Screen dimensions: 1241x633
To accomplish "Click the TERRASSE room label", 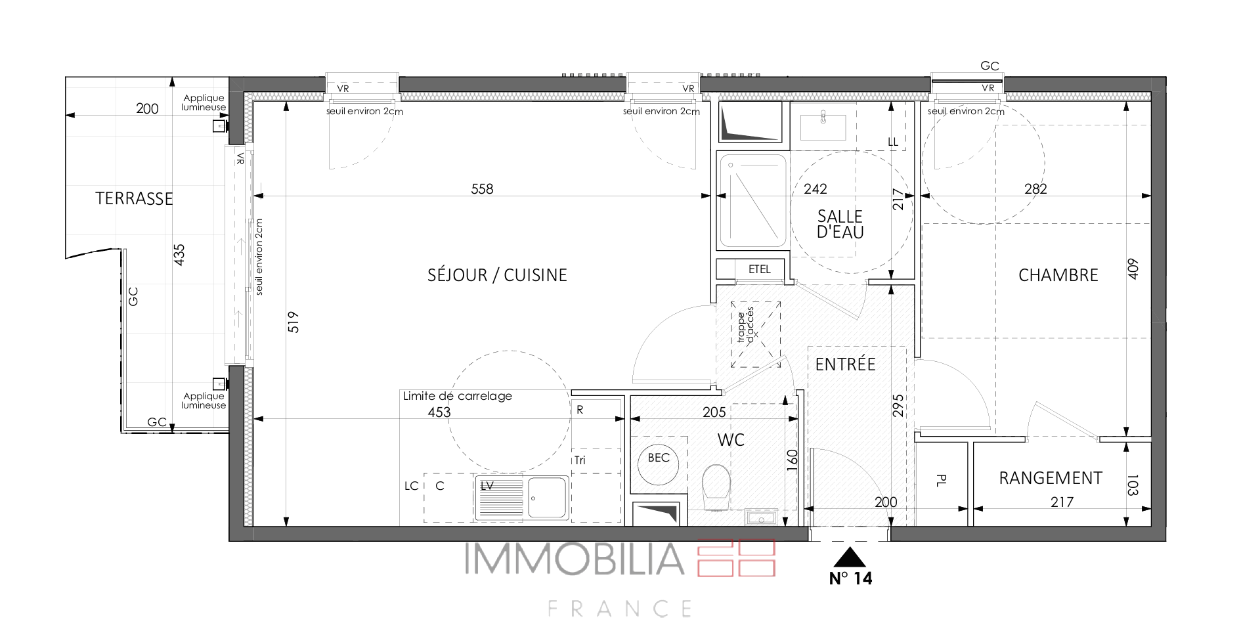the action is coord(134,198).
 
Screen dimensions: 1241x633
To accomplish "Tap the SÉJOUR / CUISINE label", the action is coord(497,275).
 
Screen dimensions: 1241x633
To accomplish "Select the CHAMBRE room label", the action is coord(1058,275).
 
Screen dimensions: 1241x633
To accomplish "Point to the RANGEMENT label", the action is coord(1051,478).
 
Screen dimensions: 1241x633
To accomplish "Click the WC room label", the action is coord(731,440).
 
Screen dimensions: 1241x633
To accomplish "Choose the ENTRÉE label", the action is coord(845,364).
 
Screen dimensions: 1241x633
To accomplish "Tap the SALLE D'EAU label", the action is coord(840,224).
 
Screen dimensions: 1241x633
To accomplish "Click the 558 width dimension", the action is coord(482,189).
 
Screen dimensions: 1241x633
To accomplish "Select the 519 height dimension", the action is coord(294,322).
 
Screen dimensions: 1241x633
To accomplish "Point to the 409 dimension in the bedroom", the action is coord(1133,269).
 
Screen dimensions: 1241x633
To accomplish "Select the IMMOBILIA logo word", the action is coord(575,558).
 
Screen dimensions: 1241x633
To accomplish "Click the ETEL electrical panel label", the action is coord(760,269).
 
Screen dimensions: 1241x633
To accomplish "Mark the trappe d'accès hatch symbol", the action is coord(756,335).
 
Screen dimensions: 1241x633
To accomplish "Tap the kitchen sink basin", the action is coord(548,498).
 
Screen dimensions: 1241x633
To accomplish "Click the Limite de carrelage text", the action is coord(458,396).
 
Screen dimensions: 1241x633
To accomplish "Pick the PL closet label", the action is coord(940,481).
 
